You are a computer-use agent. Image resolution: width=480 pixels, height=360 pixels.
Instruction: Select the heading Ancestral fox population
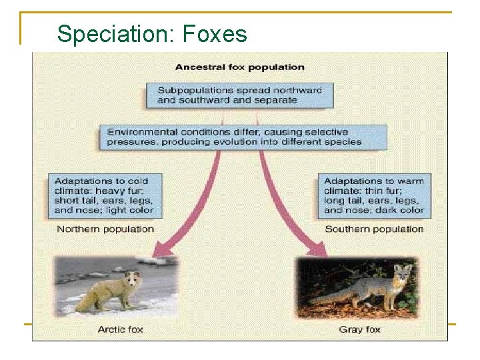(x=239, y=67)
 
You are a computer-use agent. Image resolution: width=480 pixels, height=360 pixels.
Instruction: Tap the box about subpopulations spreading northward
(x=239, y=95)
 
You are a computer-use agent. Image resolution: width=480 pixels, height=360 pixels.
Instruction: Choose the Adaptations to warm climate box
(x=373, y=195)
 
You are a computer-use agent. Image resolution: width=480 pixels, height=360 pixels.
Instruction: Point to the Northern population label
(x=105, y=229)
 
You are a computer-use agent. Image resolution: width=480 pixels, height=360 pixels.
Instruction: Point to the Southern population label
(x=374, y=229)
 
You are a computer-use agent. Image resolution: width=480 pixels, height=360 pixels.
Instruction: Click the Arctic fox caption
(x=120, y=329)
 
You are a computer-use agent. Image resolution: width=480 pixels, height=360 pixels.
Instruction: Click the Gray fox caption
(x=360, y=329)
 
